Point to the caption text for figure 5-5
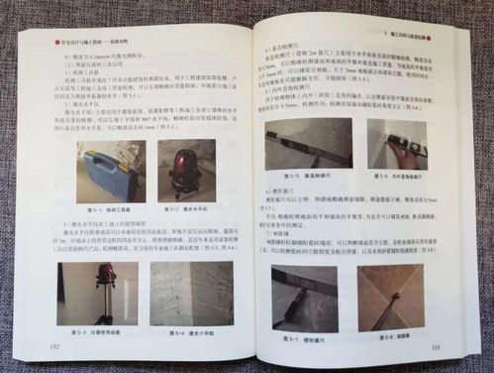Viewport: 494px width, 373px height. click(x=314, y=179)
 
